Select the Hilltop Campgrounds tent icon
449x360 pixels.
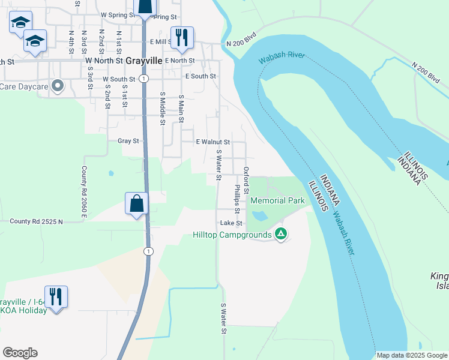coord(280,234)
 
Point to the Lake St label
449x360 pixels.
coord(231,223)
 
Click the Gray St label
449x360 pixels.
coord(128,141)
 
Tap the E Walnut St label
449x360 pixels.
coord(213,142)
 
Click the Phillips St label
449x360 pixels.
coord(237,199)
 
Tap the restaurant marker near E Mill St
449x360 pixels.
coord(182,37)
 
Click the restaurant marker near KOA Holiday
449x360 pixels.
coord(56,296)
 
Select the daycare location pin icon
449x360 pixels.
coord(58,86)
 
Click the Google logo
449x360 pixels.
coord(20,353)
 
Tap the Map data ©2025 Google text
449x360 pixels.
coord(411,355)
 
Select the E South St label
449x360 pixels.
coord(200,76)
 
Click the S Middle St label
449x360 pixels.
coord(162,109)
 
